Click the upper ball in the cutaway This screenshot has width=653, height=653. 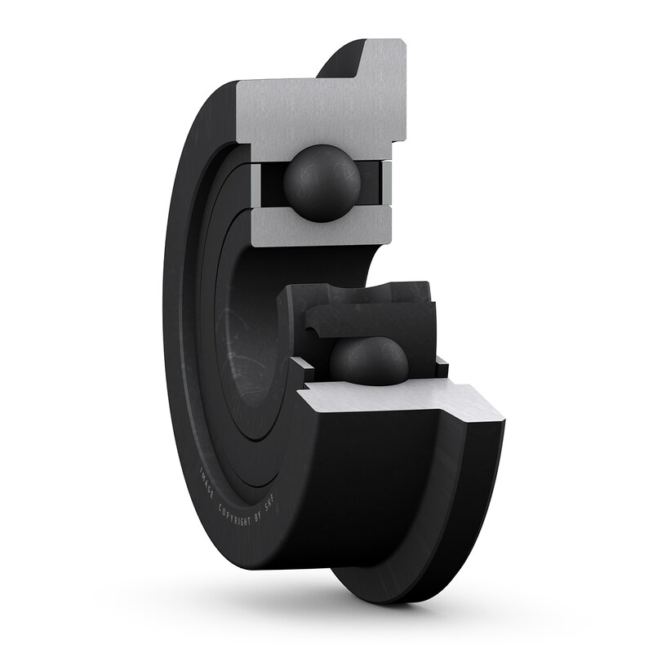point(322,184)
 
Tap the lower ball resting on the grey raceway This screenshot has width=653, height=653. point(368,361)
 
